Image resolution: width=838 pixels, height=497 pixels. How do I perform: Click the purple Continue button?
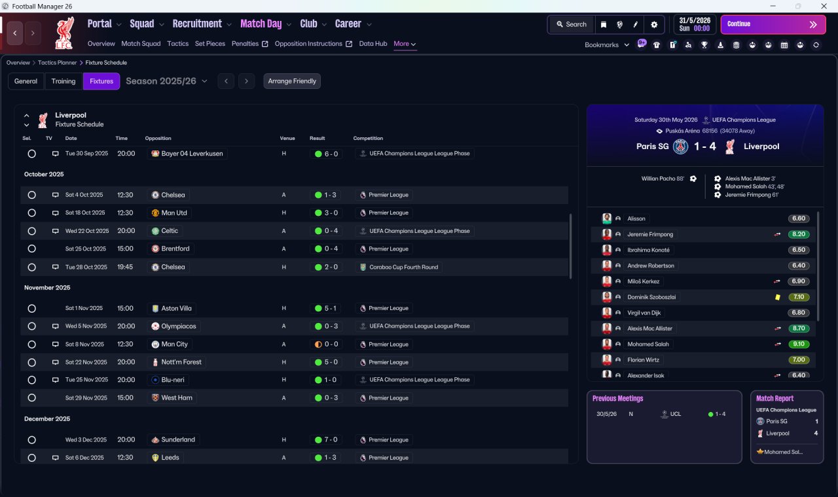(x=773, y=24)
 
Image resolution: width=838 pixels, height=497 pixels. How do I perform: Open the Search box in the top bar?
(x=572, y=24)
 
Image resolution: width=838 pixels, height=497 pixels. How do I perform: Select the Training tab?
(x=64, y=81)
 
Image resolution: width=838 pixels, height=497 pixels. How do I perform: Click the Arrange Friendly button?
(x=292, y=81)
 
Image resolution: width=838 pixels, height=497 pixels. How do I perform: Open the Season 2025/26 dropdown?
(x=166, y=81)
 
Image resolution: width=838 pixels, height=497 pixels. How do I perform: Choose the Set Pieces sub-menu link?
(x=210, y=44)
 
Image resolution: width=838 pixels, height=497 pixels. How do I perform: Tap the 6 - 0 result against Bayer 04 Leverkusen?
(x=326, y=154)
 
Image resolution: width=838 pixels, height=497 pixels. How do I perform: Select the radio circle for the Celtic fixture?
(x=32, y=231)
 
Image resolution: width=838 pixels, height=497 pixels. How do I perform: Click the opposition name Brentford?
(x=175, y=248)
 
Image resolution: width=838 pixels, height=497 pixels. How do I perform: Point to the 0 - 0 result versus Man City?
(x=326, y=344)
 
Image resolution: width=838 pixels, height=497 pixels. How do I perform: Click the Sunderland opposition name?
(x=177, y=439)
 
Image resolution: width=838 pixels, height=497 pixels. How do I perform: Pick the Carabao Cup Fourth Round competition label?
(x=403, y=267)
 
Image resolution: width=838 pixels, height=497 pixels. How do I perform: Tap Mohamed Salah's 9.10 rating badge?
(x=798, y=344)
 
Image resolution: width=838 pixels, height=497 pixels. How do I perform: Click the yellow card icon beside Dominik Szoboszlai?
(x=777, y=297)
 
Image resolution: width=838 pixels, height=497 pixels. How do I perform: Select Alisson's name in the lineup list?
(x=636, y=218)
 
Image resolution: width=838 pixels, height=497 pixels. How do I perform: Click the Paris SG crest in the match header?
(x=680, y=146)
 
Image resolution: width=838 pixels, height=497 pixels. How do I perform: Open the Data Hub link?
(x=373, y=44)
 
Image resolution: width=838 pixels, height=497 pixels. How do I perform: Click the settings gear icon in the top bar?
(x=654, y=25)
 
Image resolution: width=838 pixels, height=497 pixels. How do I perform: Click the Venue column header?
(x=287, y=138)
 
